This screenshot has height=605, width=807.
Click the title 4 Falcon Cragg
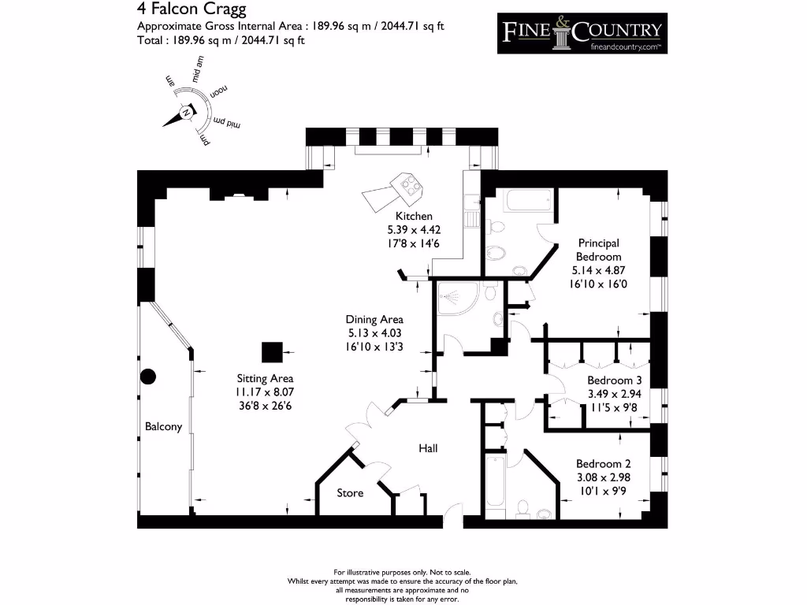click(192, 10)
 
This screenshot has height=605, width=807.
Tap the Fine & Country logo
click(582, 33)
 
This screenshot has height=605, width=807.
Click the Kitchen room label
click(414, 216)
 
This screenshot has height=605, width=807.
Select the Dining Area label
click(374, 319)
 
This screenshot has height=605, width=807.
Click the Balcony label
click(163, 427)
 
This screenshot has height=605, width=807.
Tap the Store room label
click(350, 492)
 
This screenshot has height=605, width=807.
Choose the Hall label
click(428, 448)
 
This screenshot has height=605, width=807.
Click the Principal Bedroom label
click(598, 250)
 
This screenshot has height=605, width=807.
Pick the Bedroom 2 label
click(603, 463)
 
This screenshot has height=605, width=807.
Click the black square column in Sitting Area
click(272, 352)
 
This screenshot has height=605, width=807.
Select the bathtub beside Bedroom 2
click(495, 481)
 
